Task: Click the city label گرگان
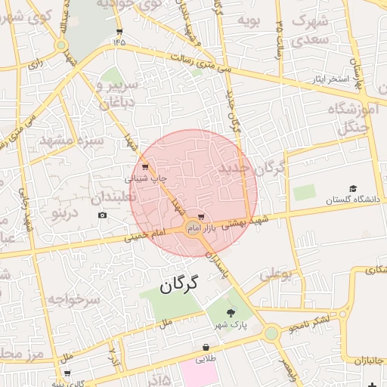pos(179,285)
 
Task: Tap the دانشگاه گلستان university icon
pos(353,189)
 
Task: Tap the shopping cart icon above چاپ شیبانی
pos(145,167)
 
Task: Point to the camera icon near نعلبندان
pos(103,215)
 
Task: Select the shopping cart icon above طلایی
pos(206,348)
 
